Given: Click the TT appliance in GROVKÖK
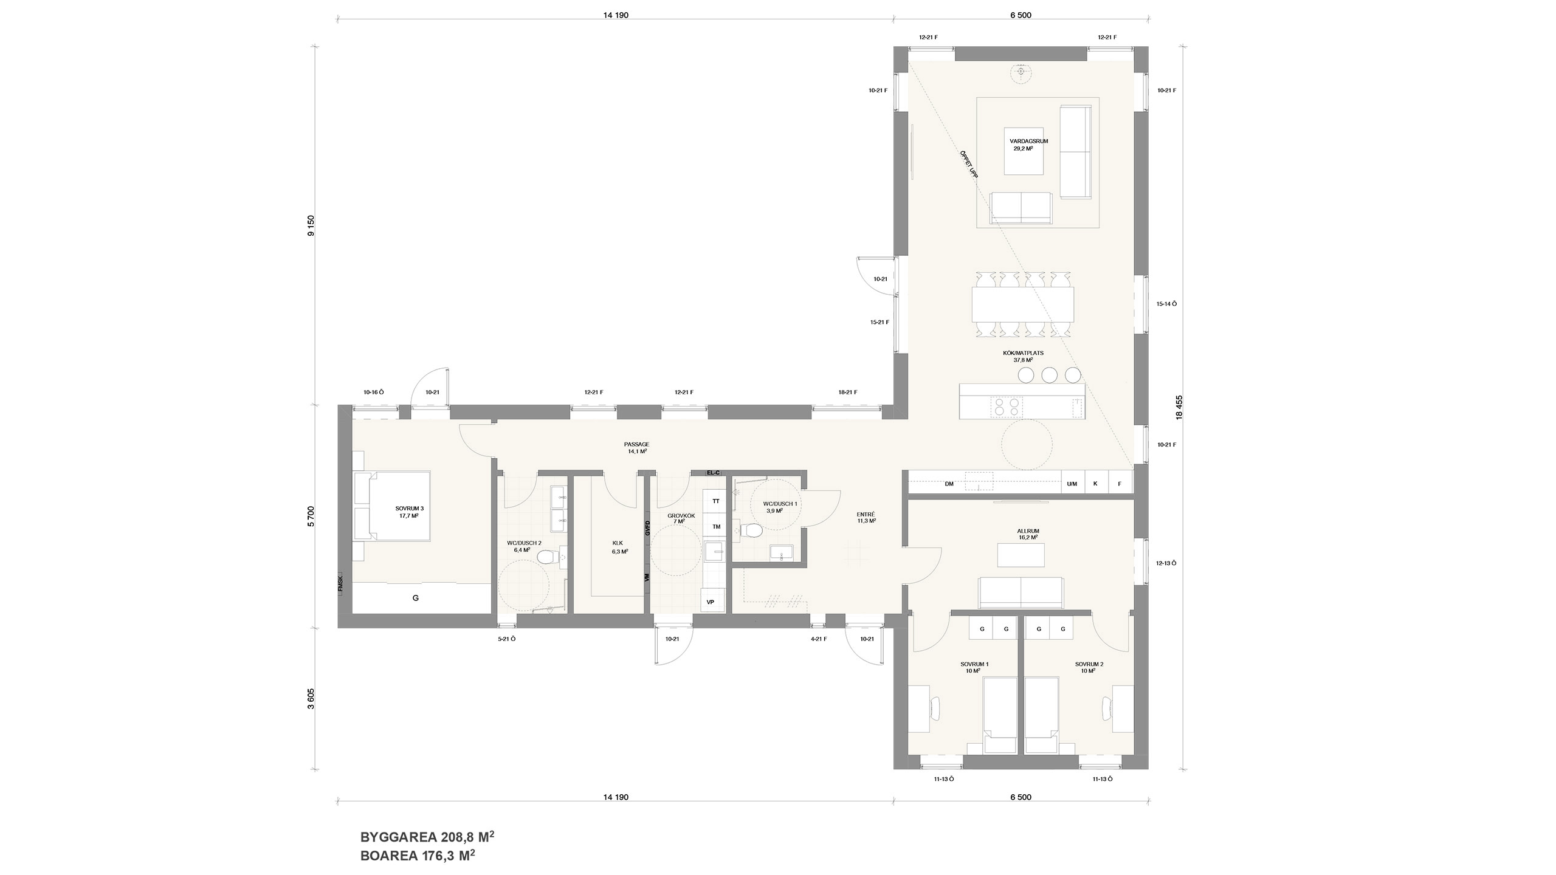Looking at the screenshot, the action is point(716,501).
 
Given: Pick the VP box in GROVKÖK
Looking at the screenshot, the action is point(711,602).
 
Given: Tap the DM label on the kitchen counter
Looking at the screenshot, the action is point(949,484).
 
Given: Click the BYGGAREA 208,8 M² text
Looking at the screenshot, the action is point(427,837).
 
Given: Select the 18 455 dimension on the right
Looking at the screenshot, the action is point(1180,407).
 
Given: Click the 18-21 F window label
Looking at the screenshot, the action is point(847,393).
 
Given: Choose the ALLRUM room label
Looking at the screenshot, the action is point(1028,531).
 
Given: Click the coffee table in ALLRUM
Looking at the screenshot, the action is point(1022,555).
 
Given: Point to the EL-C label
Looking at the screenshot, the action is point(713,472).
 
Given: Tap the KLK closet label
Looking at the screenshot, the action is point(618,543).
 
